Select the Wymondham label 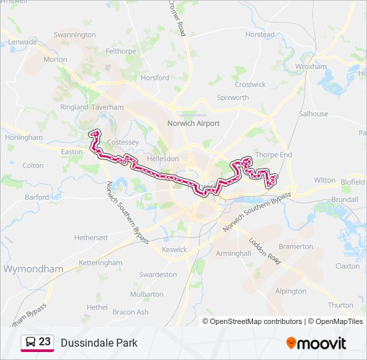(x=33, y=269)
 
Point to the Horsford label (x=155, y=78)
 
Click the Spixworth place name (x=233, y=97)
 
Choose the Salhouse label (x=313, y=114)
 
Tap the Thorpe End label (x=274, y=155)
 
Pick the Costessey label (x=123, y=143)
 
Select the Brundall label (x=344, y=199)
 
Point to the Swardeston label (x=158, y=274)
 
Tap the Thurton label (x=341, y=305)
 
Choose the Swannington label (x=75, y=35)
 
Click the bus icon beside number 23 (x=30, y=343)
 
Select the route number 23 (x=45, y=342)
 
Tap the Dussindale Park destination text (x=99, y=343)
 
